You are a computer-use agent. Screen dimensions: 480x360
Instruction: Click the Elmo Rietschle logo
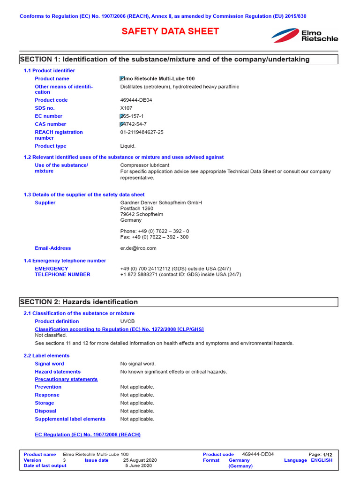(305, 35)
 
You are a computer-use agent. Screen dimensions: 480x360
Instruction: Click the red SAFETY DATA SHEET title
(170, 31)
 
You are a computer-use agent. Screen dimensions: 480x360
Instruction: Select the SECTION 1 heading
(164, 59)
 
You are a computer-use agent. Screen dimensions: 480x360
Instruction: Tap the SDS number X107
(126, 108)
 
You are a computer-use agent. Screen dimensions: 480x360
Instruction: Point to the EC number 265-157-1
(132, 116)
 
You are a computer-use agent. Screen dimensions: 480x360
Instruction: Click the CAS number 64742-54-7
(133, 124)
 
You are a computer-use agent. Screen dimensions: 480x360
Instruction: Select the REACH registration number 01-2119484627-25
(142, 132)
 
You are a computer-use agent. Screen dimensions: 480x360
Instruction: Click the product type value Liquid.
(127, 146)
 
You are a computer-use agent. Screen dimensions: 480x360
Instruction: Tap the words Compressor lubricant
(145, 165)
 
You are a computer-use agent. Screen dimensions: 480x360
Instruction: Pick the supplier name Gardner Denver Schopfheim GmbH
(161, 202)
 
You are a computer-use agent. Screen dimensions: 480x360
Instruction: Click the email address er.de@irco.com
(138, 248)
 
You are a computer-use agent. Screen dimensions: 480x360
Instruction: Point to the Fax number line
(154, 237)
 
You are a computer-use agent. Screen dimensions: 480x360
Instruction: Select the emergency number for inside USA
(180, 274)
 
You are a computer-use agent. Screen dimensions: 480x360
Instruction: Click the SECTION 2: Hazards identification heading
(79, 302)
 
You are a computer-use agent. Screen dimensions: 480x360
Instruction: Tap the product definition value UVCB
(127, 321)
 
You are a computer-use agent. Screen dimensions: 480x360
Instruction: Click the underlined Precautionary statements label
(66, 379)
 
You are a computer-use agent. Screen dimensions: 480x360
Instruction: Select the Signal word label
(49, 364)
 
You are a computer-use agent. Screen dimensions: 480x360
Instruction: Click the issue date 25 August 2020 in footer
(140, 460)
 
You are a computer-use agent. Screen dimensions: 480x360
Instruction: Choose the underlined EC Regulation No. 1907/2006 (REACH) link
(88, 435)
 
